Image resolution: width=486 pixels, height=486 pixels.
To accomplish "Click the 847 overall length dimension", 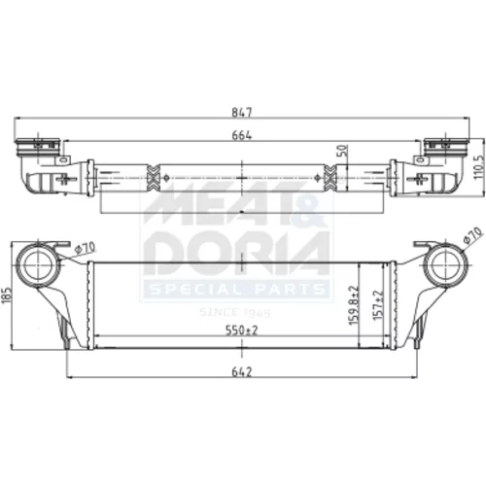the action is [x=242, y=112].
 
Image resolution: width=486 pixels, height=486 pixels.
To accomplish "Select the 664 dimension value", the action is [x=242, y=135].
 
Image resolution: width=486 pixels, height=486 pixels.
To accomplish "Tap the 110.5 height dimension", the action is [x=478, y=166].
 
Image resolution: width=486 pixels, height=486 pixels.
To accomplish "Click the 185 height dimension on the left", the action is [x=7, y=295].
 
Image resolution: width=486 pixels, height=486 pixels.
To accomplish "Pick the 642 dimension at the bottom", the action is [x=242, y=372].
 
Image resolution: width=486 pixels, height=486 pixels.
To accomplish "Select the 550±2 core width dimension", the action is [x=242, y=330].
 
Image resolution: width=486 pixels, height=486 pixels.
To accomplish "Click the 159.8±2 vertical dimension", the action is [x=354, y=305].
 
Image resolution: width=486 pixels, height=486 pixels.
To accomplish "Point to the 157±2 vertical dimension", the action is [x=378, y=305].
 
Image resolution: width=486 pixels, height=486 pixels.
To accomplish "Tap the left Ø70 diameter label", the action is [x=85, y=248].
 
